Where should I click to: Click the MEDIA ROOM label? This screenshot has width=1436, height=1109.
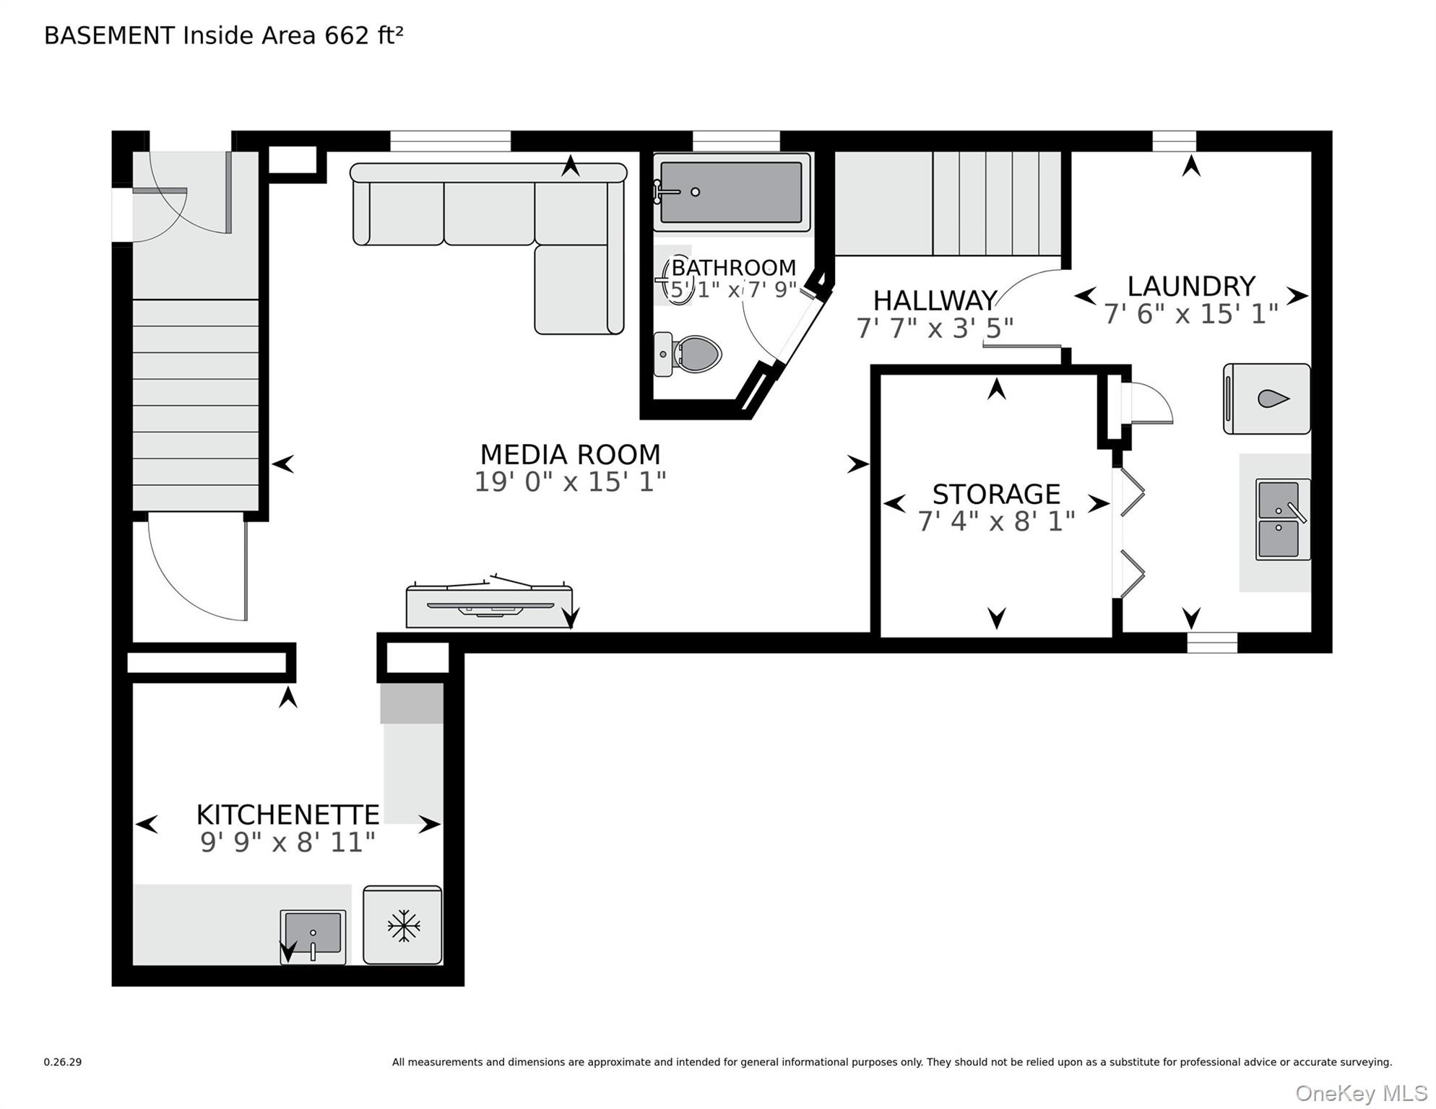coord(570,454)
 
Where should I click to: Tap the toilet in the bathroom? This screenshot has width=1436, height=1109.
coord(688,354)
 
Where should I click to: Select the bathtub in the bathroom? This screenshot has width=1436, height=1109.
coord(731,192)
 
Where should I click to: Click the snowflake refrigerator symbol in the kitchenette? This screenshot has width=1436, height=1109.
coord(402,925)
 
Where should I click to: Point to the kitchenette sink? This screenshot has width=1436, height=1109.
coord(313,936)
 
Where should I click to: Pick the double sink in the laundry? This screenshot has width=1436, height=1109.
coord(1282,519)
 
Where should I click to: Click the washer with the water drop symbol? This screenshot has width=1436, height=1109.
coord(1267,399)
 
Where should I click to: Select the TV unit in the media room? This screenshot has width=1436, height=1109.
coord(489,602)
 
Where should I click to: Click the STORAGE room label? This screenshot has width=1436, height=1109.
coord(996,494)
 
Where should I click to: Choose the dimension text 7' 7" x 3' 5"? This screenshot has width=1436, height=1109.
coord(935,329)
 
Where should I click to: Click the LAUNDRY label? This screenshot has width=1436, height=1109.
coord(1191,286)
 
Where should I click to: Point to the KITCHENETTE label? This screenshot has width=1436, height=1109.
coord(287,814)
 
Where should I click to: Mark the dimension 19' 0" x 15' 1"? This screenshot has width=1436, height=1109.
coord(570,482)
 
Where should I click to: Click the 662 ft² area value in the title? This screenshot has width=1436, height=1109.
coord(363,35)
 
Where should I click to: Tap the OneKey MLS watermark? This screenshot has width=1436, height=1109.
coord(1361,1094)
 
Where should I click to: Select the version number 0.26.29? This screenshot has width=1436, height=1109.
coord(63,1062)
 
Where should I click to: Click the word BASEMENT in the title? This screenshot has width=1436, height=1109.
coord(109,35)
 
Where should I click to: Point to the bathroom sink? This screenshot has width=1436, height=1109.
coord(678,279)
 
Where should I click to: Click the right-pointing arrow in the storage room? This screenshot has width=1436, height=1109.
coord(1099,503)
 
